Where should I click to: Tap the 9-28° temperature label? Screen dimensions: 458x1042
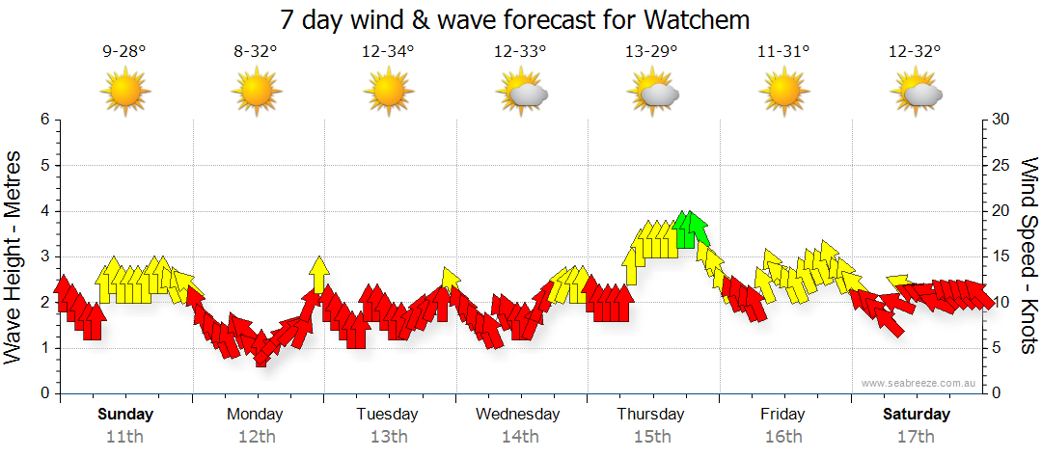[x=125, y=52]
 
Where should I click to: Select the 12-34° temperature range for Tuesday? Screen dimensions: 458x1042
[x=388, y=52]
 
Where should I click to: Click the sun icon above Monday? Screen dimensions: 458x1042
[x=257, y=92]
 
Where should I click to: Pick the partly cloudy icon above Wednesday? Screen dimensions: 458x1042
[x=522, y=93]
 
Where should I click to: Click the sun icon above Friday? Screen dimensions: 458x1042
[x=783, y=92]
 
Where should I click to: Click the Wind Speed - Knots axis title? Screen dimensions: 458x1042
[x=1028, y=256]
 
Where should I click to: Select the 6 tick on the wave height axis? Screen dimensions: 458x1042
[x=43, y=120]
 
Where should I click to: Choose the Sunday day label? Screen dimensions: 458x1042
[x=125, y=415]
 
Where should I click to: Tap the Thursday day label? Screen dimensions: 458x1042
[x=651, y=415]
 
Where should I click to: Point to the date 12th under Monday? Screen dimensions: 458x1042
[x=256, y=436]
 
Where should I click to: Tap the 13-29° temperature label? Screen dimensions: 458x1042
[x=651, y=52]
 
